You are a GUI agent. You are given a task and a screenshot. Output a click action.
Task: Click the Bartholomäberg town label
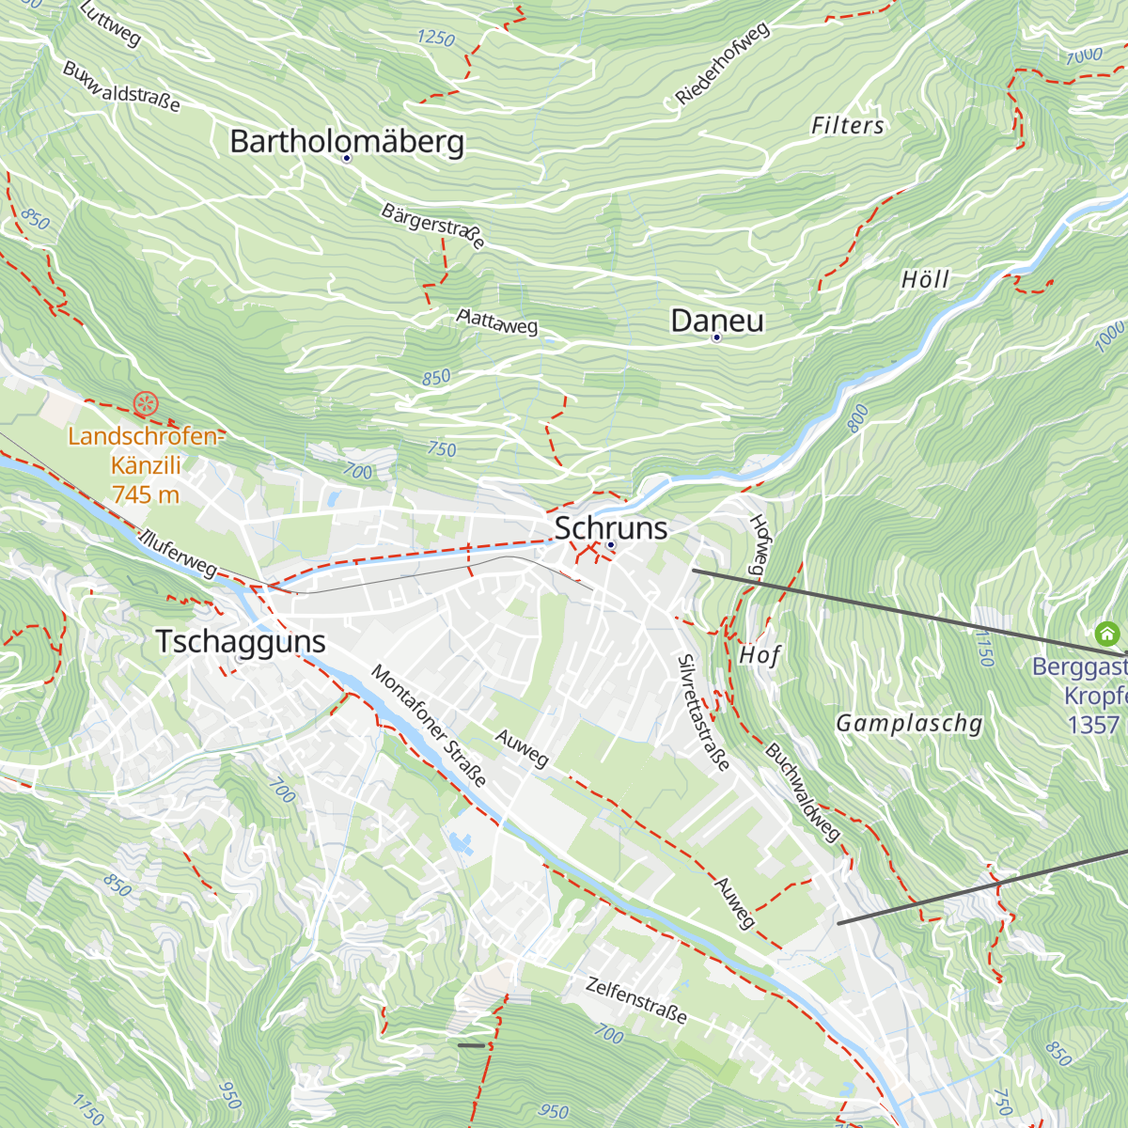347,141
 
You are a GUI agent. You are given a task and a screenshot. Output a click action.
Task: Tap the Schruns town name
611,527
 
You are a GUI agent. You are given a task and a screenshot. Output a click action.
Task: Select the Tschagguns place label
241,641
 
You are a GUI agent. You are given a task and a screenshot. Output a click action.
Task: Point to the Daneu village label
717,321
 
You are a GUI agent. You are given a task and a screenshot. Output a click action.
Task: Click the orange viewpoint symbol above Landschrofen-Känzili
145,405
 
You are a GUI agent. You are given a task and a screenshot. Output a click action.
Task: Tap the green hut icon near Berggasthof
1106,633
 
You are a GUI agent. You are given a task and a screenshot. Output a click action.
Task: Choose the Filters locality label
848,125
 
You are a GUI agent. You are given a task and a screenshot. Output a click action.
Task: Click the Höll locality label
925,279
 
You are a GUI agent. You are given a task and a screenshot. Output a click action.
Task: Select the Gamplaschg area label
909,723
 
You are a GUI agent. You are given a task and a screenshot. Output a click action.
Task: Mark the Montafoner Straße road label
429,726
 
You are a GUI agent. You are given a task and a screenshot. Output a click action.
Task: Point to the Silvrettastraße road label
703,712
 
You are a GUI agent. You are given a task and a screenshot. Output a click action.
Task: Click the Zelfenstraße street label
636,1000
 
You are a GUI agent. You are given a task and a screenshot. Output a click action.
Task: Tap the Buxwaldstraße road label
121,86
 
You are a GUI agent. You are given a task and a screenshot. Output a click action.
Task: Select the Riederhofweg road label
722,63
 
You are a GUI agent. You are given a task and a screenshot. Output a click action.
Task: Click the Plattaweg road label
497,321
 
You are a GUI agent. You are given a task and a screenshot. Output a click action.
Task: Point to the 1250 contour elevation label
435,39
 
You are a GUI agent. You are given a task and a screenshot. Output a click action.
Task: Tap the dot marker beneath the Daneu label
716,337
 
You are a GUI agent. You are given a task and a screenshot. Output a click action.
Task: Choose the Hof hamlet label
760,654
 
